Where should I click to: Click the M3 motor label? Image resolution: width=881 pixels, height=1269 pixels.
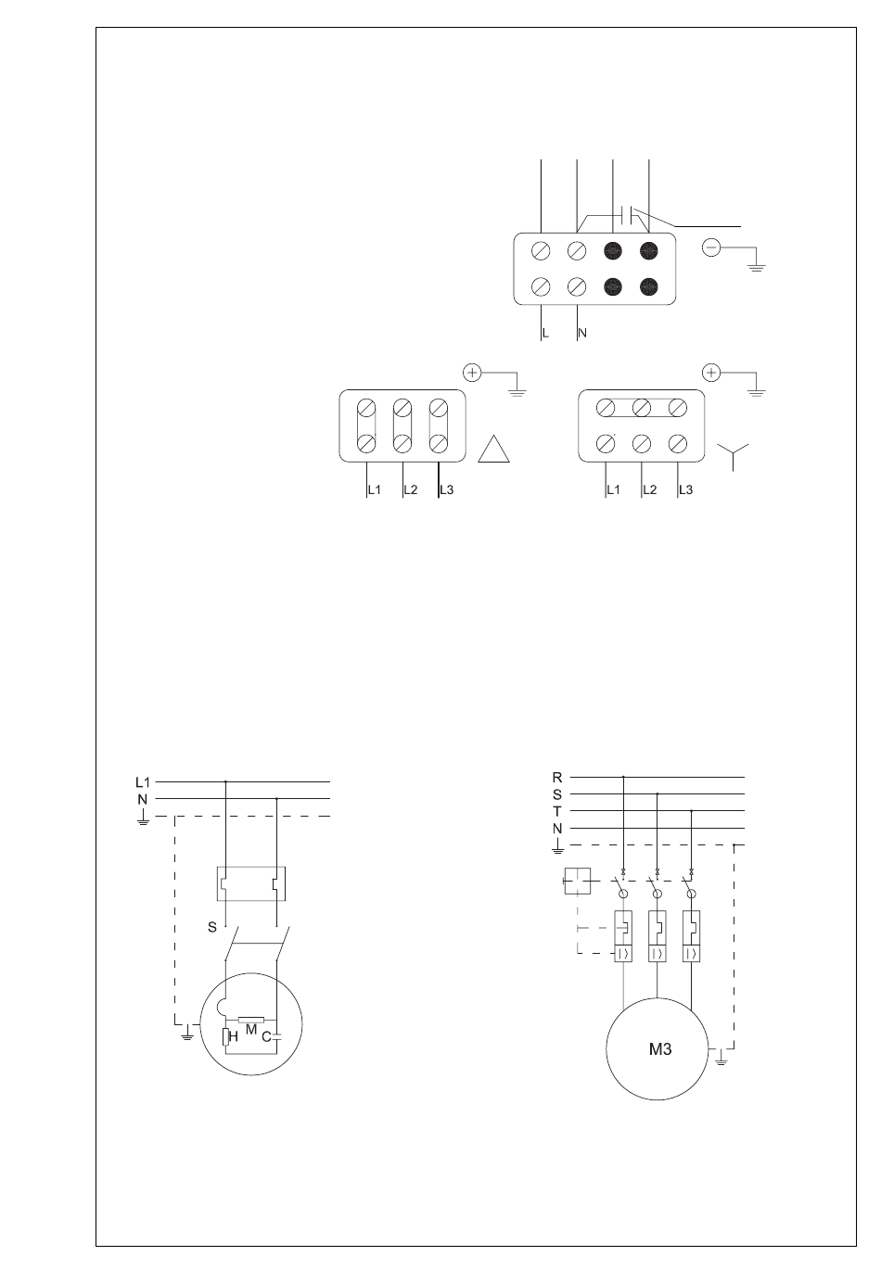point(660,1049)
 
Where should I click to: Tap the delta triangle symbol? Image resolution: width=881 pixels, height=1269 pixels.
point(493,449)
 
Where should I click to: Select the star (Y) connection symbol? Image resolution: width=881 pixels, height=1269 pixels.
point(733,457)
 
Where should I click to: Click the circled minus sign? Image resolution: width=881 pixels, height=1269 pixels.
point(711,247)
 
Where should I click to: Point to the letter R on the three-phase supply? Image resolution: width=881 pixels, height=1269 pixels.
point(557,778)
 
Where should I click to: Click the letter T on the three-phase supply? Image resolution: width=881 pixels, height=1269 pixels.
point(557,811)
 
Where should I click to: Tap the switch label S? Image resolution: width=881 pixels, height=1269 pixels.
point(212,927)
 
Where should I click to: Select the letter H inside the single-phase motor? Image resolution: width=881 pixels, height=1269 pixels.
point(233,1037)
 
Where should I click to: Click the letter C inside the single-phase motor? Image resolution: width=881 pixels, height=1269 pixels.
point(266,1037)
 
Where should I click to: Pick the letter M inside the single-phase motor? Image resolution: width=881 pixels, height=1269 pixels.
point(251,1029)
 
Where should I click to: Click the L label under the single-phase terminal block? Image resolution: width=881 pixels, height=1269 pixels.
point(545,334)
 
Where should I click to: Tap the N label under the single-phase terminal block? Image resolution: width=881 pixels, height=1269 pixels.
point(582,334)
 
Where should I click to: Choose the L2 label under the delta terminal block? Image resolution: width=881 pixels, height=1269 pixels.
point(411,490)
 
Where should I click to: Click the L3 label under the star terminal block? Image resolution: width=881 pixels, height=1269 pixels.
point(685,490)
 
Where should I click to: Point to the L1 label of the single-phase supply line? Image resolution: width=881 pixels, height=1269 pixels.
point(142,782)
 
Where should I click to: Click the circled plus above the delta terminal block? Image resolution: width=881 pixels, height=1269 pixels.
point(472,373)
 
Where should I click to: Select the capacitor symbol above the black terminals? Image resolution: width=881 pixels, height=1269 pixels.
point(628,215)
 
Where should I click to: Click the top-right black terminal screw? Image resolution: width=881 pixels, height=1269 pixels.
point(648,250)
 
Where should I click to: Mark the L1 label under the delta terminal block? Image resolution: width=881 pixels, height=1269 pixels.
point(374,490)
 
